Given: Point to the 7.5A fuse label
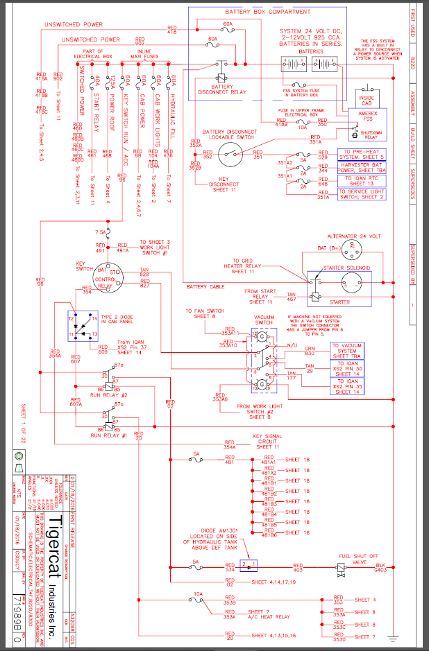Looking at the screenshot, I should pos(101,232).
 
